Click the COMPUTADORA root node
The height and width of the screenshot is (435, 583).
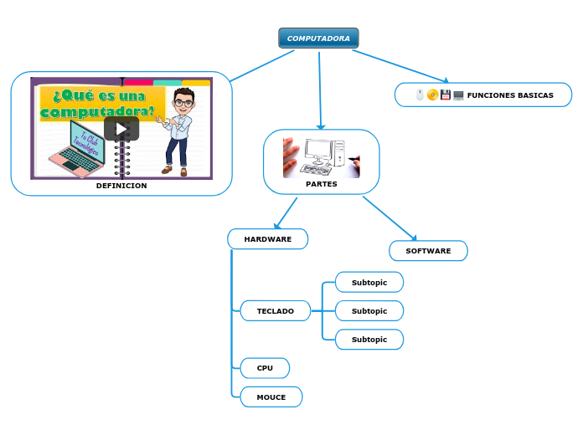318,38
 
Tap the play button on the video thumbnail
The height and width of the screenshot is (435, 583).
121,128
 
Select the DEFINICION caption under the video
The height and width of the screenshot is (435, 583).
121,186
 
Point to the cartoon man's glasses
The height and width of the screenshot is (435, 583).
183,103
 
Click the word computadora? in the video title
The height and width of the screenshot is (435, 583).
97,111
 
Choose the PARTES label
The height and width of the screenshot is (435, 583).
322,183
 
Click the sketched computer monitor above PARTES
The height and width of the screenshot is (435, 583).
320,151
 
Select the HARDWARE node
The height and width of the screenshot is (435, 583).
268,239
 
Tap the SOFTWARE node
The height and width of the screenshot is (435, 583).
428,251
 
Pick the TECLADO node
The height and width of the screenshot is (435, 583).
276,311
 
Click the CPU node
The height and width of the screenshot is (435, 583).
265,368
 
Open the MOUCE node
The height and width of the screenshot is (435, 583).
271,397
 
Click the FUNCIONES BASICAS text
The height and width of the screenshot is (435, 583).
510,95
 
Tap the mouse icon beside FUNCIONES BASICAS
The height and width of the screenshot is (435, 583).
420,95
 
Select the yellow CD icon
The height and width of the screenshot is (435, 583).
432,95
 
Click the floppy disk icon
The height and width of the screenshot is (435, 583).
446,95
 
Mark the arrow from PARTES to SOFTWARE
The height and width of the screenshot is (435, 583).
390,218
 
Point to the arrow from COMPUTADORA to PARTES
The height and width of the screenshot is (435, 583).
320,92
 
